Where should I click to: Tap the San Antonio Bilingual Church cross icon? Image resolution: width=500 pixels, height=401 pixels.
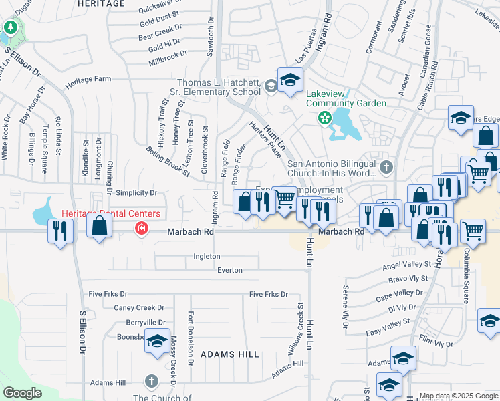coord(385,166)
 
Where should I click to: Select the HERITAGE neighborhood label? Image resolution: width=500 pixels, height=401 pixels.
coord(101,3)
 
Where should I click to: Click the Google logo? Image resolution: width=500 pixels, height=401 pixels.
coord(23,393)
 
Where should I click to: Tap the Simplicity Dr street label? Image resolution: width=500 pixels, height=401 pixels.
coord(136,193)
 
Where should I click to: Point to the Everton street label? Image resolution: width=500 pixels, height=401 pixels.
coord(229,270)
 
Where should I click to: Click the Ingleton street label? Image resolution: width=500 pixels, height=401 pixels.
coord(206,256)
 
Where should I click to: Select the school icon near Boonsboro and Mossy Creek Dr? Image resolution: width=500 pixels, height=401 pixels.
coord(157,342)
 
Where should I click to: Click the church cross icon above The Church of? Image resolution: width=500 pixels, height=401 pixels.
coord(152,382)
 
